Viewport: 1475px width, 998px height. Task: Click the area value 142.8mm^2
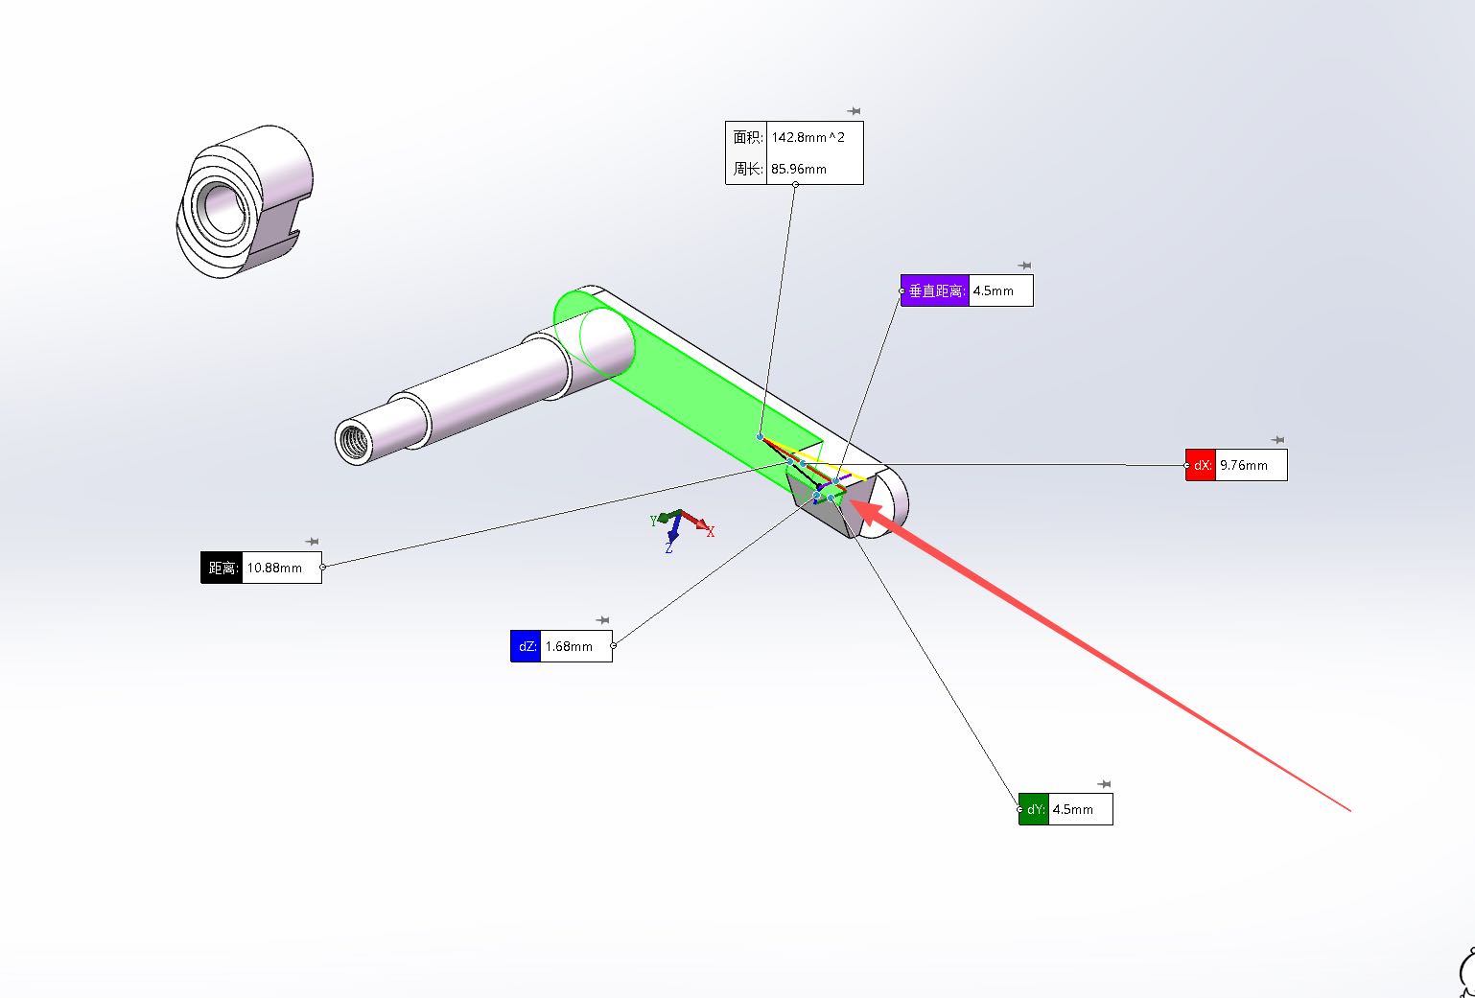808,137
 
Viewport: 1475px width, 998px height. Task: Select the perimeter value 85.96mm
798,169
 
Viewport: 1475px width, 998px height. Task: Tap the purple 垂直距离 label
935,290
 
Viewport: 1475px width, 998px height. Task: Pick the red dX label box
1201,465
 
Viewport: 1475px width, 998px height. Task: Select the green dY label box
1034,809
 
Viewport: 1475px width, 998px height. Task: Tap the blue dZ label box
526,646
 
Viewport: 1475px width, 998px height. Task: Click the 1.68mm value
569,646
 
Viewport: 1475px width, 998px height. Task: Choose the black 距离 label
222,568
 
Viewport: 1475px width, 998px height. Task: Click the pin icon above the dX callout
1276,441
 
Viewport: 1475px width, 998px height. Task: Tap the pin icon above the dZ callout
602,620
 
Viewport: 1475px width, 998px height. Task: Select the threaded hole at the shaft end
353,441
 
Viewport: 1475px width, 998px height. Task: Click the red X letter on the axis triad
711,532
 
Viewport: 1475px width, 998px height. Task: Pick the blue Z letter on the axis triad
668,548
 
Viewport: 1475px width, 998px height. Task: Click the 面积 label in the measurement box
747,137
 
